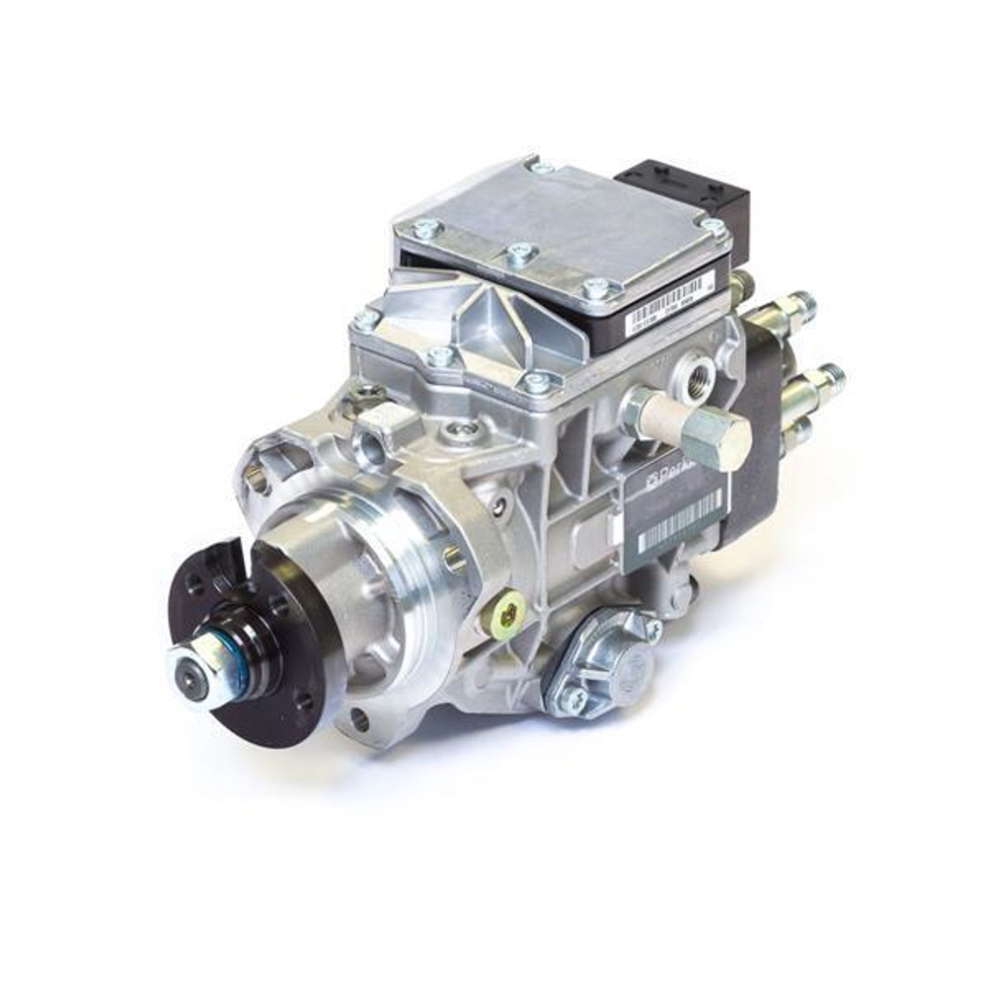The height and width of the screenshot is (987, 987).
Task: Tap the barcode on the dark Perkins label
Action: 681,520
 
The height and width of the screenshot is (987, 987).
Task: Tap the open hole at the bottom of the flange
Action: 358,720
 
